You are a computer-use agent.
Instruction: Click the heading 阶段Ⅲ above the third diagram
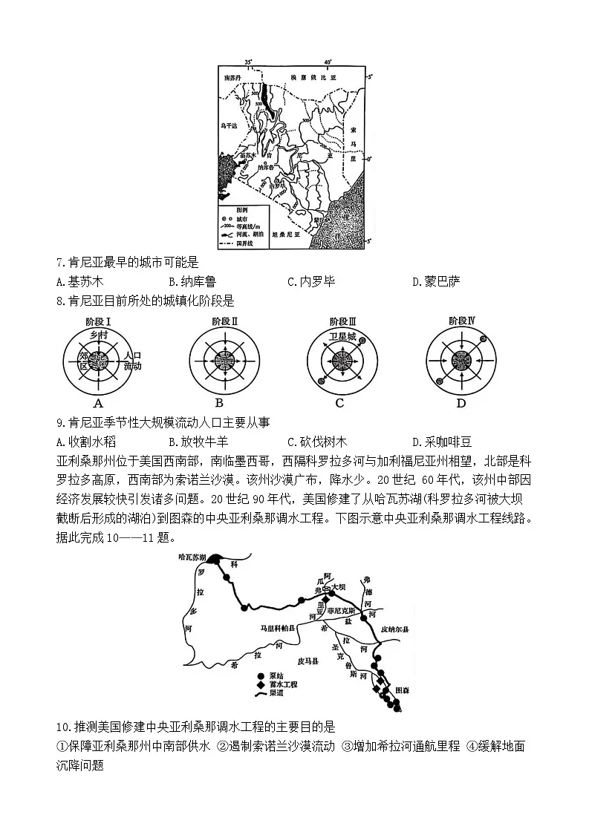[342, 321]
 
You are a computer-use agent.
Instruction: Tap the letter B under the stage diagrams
[220, 404]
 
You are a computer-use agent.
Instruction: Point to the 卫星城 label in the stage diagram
[342, 335]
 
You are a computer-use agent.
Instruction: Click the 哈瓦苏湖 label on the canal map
[192, 555]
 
